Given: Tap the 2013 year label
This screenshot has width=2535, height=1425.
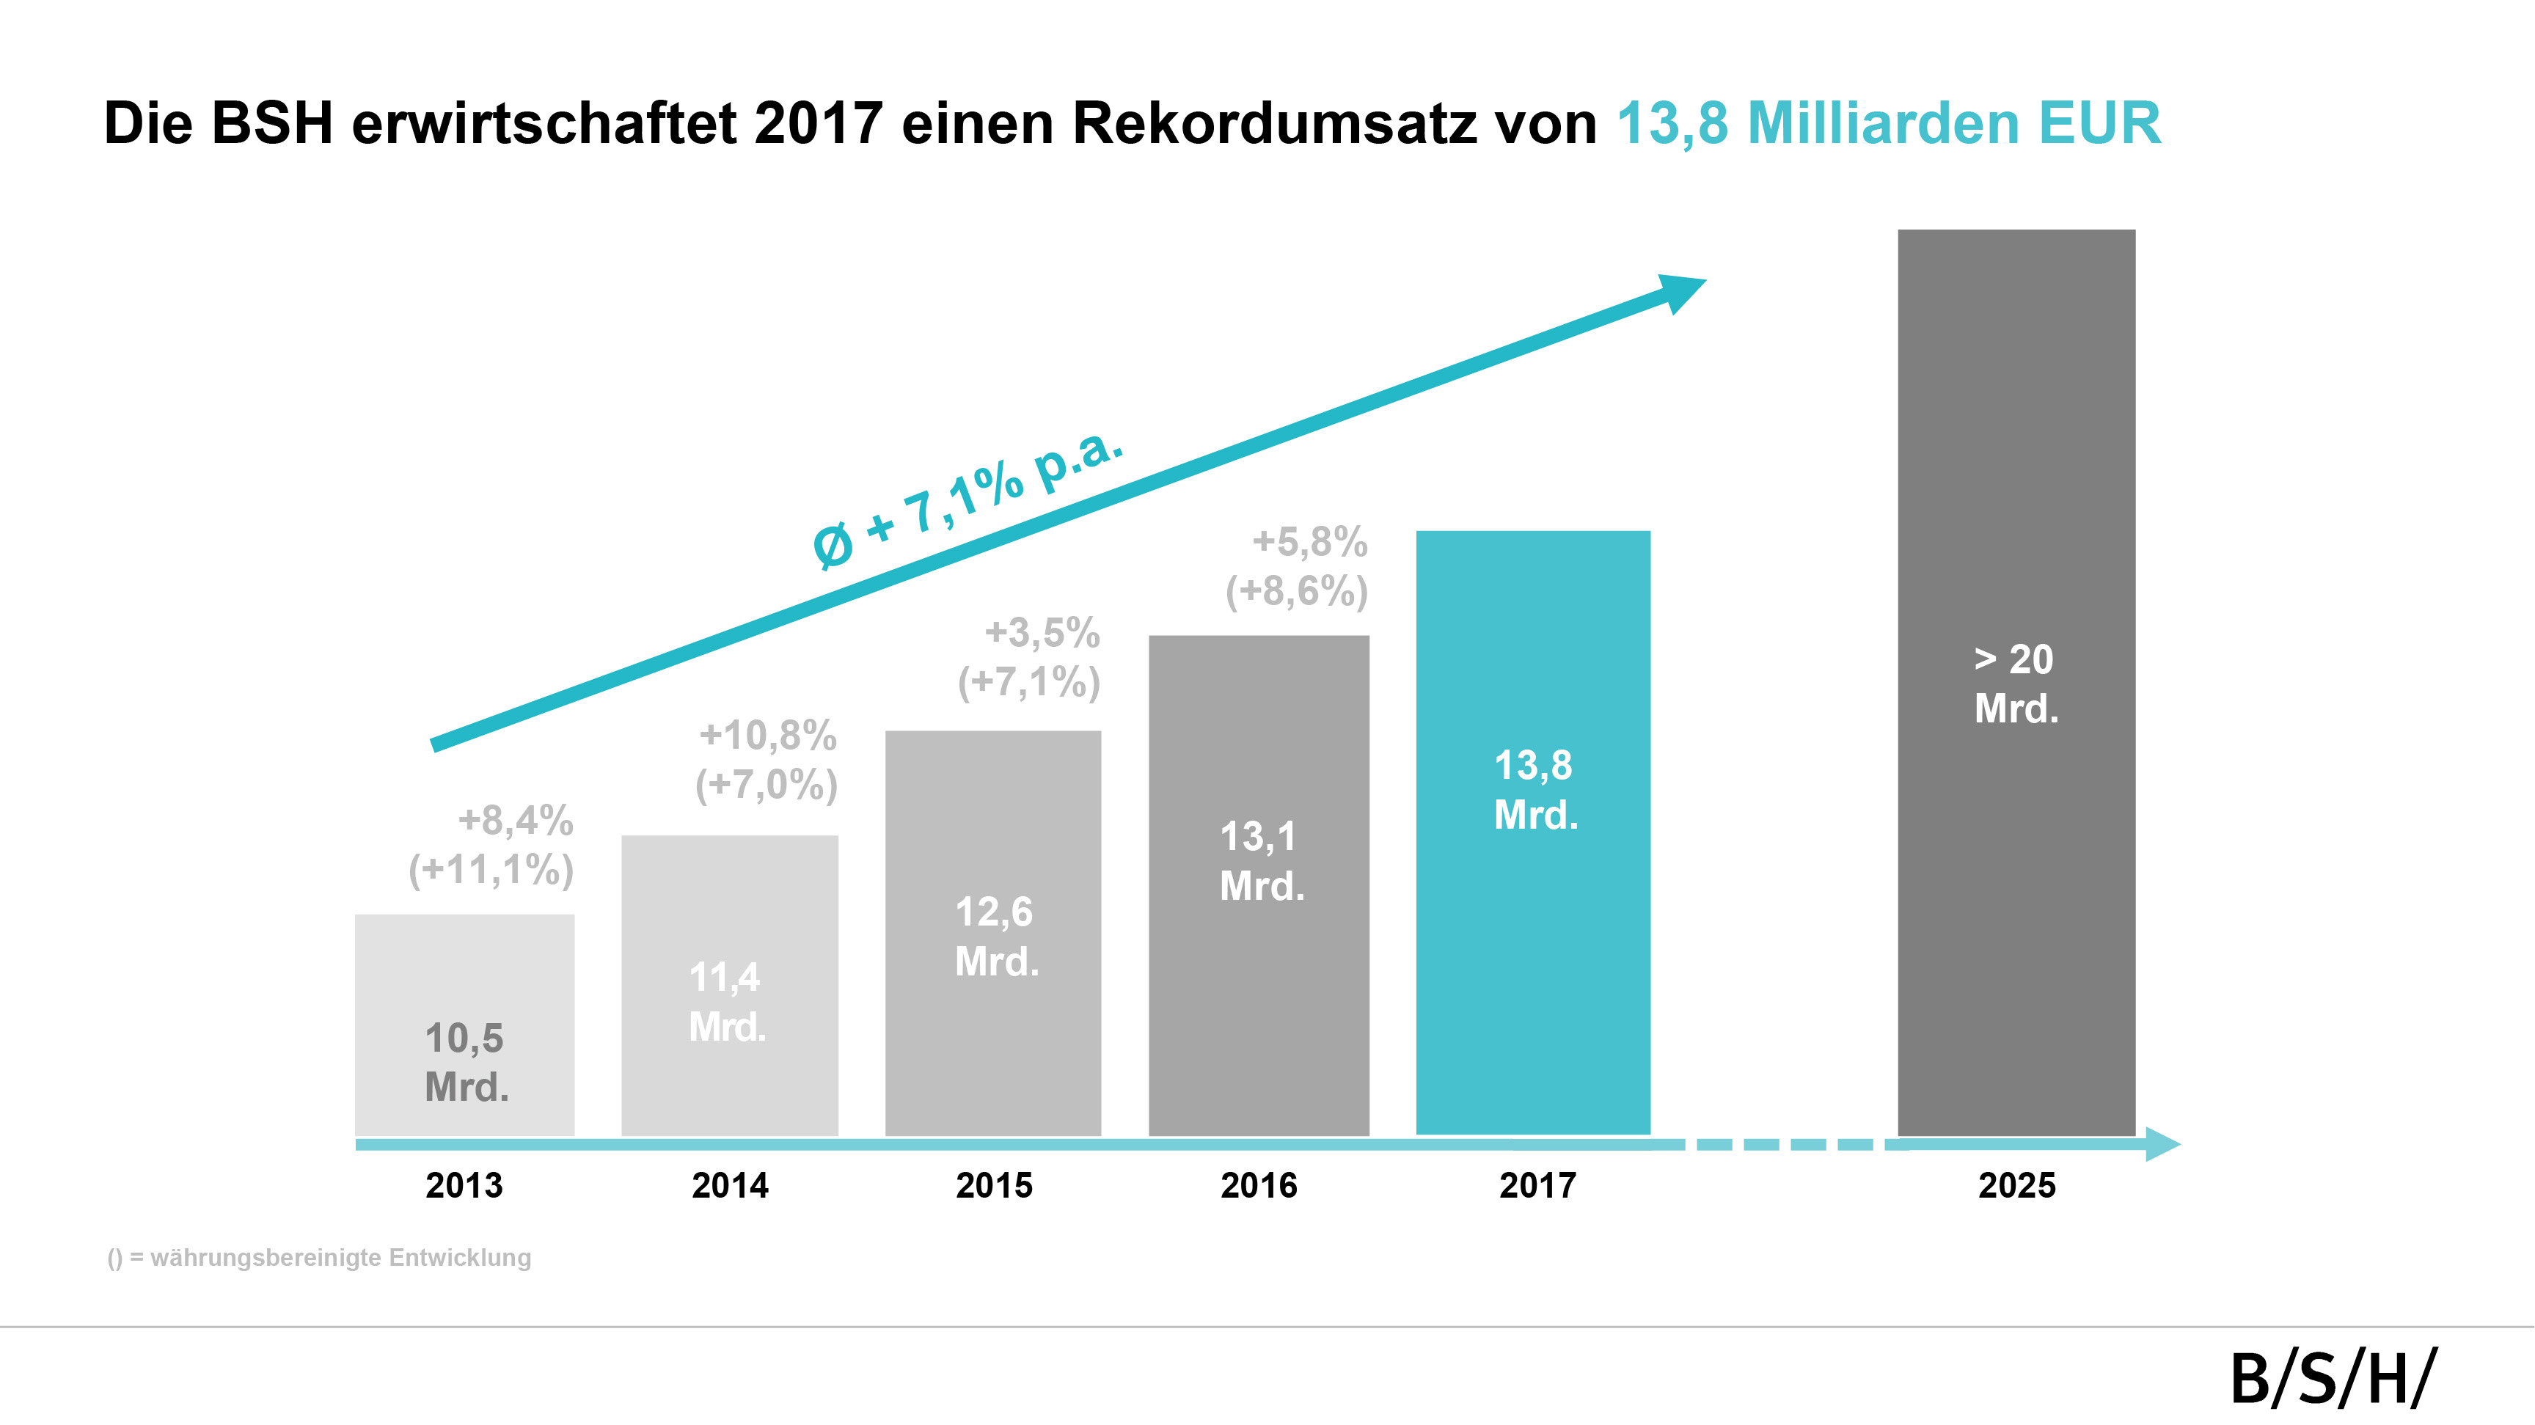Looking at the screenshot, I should [x=464, y=1185].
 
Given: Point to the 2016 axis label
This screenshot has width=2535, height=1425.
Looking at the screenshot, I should [x=1259, y=1185].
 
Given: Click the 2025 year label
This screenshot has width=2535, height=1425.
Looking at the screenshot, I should [x=2016, y=1185].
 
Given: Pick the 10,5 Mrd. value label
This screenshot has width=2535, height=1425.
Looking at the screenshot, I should [x=466, y=1062].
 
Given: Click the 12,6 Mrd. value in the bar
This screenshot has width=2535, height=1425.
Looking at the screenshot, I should [x=996, y=936].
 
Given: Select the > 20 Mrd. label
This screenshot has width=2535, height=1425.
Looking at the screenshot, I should [x=2016, y=684].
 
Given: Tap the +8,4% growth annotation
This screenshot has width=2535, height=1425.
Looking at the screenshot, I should [x=516, y=820].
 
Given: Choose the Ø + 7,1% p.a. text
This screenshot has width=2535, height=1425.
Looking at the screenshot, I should [x=967, y=498].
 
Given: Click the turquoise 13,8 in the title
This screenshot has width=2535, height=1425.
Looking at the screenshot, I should [x=1672, y=124].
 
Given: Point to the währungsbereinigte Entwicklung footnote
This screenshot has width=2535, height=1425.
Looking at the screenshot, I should [x=320, y=1258].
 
